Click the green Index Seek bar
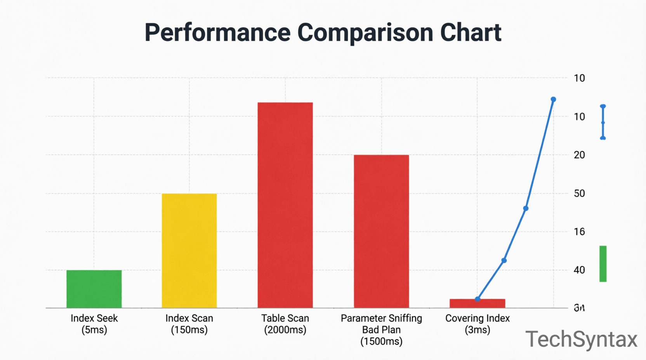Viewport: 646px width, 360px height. coord(94,289)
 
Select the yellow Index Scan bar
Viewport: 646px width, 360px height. coord(189,251)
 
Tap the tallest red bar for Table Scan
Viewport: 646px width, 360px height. coord(285,205)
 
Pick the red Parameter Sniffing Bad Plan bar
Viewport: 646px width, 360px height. coord(381,231)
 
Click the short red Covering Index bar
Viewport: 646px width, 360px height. coord(477,303)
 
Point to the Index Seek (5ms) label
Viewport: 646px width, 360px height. coord(94,324)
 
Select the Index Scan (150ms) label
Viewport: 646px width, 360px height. coord(189,324)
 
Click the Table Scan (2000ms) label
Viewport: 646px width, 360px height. coord(285,324)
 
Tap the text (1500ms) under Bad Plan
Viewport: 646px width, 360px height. coord(381,341)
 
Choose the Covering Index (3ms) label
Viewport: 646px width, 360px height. coord(477,324)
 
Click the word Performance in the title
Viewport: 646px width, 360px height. coord(217,33)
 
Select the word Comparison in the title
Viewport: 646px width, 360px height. coord(365,33)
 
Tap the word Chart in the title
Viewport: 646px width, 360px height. coord(471,33)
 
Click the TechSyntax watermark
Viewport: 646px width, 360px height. coord(581,339)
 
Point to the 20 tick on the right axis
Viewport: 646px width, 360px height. coord(579,155)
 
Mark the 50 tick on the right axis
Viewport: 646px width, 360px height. coord(579,193)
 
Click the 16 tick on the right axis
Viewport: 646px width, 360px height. coord(579,232)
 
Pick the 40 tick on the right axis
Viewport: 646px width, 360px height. coord(579,270)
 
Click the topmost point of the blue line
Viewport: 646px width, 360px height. coord(553,100)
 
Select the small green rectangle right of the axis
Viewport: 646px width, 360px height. coord(603,264)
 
